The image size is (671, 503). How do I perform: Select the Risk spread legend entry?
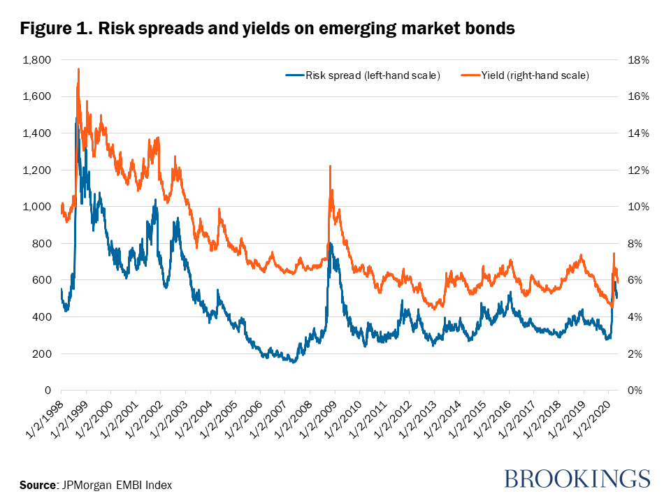[x=363, y=75]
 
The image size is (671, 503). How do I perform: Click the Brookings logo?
[x=577, y=479]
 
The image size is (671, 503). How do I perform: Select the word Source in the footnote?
[x=37, y=485]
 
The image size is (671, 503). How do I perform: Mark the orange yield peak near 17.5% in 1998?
[x=78, y=69]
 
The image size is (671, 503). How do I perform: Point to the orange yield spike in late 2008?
[x=330, y=166]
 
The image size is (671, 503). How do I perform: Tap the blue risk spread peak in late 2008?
[x=331, y=245]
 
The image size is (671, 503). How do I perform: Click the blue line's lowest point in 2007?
[x=294, y=362]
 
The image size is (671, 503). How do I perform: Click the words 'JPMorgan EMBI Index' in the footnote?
[x=116, y=485]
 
